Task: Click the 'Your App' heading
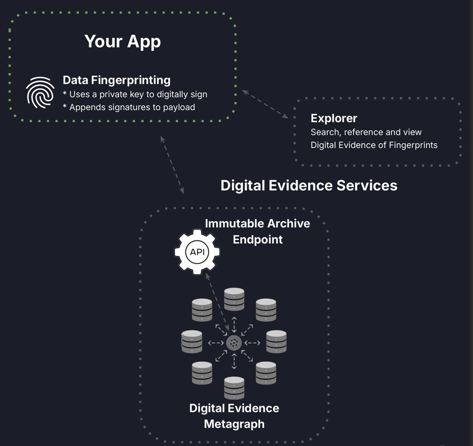(123, 42)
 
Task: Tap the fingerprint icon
(40, 93)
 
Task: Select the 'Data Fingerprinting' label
(116, 80)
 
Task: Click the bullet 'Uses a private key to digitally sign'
(135, 94)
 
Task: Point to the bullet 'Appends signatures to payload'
(129, 107)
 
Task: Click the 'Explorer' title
(333, 118)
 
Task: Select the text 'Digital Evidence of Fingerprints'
(374, 145)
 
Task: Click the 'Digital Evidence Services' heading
(309, 185)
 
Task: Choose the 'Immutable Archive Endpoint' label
(257, 231)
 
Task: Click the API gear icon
(197, 252)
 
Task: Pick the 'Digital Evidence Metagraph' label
(234, 416)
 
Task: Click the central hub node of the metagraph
(234, 343)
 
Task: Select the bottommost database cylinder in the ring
(234, 388)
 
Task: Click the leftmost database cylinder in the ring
(192, 341)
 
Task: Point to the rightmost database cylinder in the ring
(276, 341)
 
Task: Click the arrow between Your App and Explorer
(265, 104)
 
